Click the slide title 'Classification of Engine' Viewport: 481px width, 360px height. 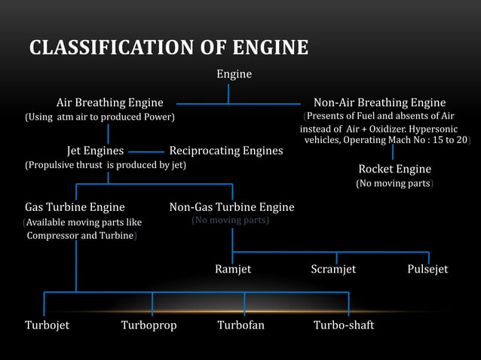pos(169,48)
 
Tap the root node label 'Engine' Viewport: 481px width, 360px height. pos(234,75)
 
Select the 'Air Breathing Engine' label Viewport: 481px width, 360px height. pos(109,102)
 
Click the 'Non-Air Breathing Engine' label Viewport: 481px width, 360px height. pos(379,102)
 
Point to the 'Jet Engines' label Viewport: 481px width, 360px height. pos(96,151)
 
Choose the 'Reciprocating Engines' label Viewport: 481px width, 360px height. pos(226,151)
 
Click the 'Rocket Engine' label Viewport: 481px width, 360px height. pos(394,169)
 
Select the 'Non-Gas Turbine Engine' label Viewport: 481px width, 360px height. pos(231,206)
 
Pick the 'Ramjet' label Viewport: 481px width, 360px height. pos(233,269)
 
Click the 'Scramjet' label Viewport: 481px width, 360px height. pos(333,269)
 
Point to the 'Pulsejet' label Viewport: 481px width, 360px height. pos(427,269)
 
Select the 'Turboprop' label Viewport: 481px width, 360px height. pos(149,325)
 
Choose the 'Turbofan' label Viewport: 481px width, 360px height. pos(241,325)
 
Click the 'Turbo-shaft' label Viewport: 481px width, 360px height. pos(344,325)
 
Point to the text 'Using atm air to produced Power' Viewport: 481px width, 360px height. pos(100,117)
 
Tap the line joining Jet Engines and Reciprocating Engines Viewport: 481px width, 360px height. pos(146,151)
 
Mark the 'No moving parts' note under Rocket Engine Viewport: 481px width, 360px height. pos(394,184)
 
